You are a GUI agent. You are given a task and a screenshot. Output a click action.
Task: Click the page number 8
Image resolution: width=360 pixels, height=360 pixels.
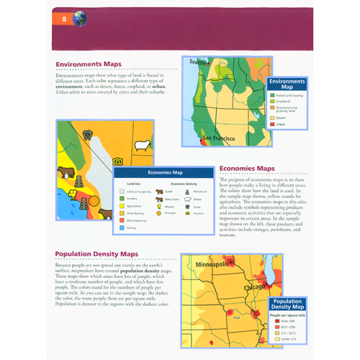64,18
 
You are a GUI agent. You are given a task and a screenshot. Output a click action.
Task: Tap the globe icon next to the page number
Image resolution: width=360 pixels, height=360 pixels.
80,18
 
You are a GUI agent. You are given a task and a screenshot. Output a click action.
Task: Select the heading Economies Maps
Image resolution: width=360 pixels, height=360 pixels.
247,169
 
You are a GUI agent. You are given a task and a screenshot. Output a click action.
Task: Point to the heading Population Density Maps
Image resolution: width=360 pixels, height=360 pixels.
97,254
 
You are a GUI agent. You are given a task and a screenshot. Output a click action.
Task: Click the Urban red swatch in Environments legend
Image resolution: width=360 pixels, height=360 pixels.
273,125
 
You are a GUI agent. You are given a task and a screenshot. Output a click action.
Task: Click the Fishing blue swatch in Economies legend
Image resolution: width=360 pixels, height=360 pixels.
122,227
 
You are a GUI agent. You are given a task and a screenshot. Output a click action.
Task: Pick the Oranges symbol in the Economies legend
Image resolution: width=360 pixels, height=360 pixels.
159,213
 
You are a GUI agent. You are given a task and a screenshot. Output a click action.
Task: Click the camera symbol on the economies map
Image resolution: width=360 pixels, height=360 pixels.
117,161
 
